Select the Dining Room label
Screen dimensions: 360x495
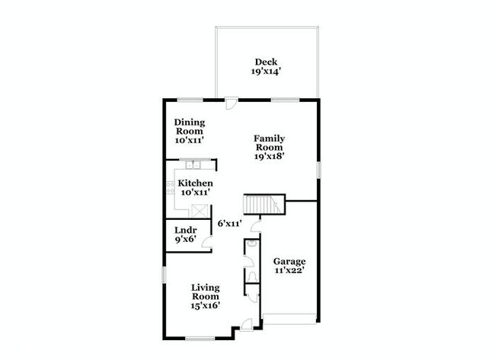click(x=190, y=126)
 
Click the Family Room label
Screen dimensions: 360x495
click(x=270, y=143)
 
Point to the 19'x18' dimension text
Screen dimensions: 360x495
click(x=270, y=158)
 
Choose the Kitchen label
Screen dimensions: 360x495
click(x=195, y=183)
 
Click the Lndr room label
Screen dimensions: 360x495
click(x=187, y=230)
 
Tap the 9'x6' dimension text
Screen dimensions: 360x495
click(x=187, y=240)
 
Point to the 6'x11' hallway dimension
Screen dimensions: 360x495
click(x=229, y=224)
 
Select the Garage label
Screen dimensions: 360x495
click(x=289, y=261)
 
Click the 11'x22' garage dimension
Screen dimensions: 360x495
click(x=289, y=270)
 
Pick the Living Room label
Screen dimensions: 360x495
click(x=206, y=292)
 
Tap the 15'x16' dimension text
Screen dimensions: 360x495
click(x=206, y=306)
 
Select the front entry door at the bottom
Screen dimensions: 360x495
click(x=245, y=326)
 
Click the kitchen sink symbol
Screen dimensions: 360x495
click(x=193, y=164)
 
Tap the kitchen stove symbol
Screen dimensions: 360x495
click(x=170, y=186)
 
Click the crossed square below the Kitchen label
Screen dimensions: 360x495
click(x=199, y=211)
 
